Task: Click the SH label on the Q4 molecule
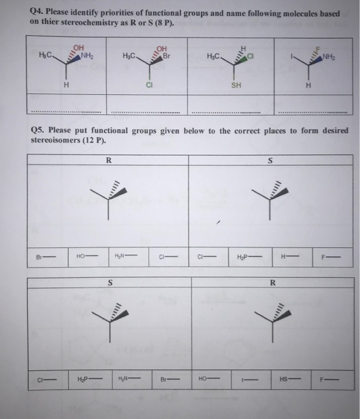point(237,85)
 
